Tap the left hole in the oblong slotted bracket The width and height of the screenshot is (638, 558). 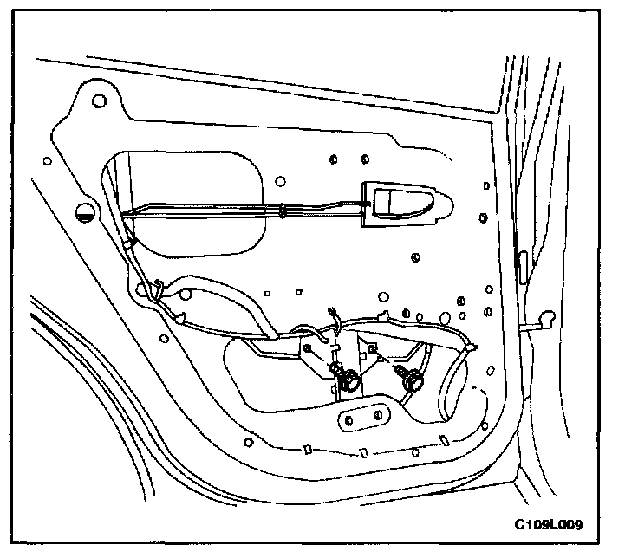point(348,421)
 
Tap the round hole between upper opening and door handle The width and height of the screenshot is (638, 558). point(280,181)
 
